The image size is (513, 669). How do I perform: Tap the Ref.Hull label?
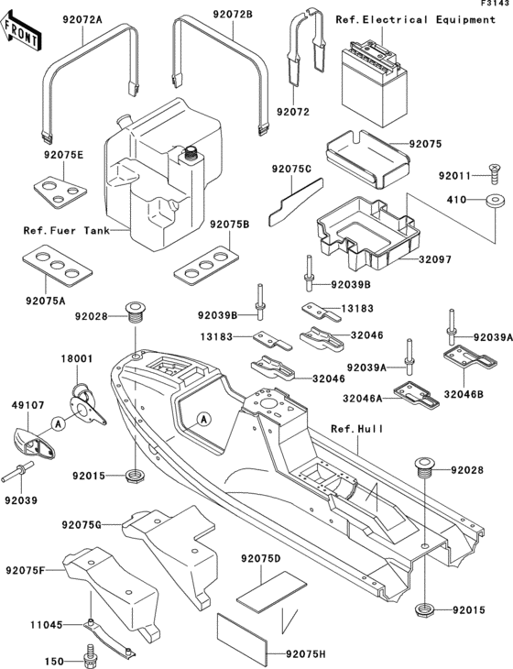point(356,429)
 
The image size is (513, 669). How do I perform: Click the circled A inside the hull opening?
point(204,419)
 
